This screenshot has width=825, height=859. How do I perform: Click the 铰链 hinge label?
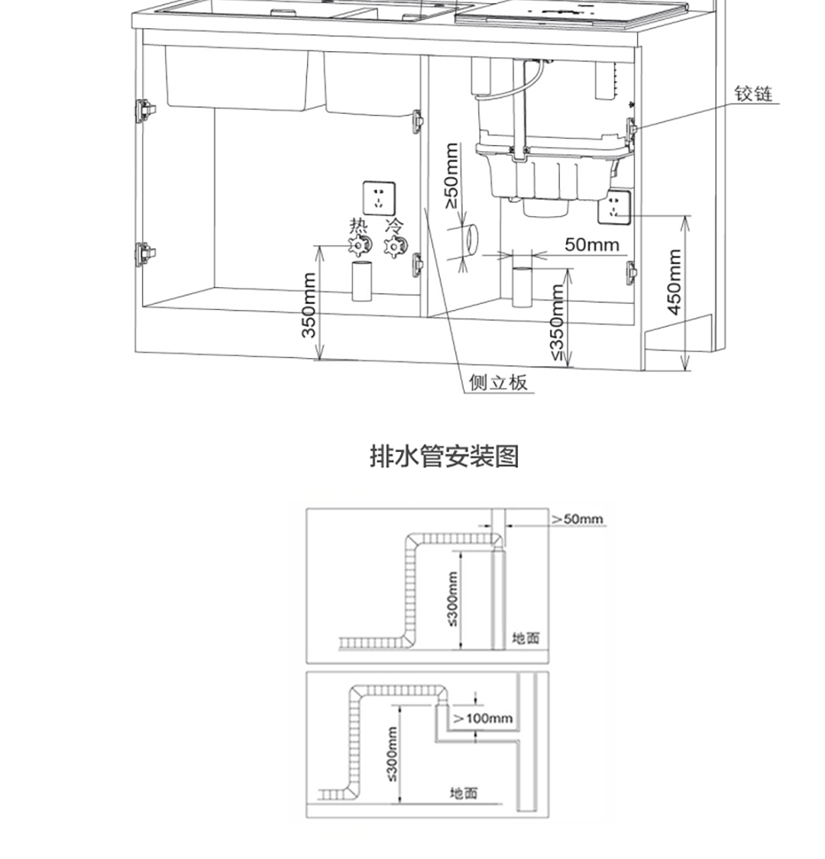[x=754, y=94]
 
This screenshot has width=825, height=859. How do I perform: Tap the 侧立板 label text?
[x=498, y=382]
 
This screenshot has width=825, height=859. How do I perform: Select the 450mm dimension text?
[x=675, y=282]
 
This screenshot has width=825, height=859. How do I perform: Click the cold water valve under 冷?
[x=395, y=247]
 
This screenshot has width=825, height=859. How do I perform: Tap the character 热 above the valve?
[x=358, y=226]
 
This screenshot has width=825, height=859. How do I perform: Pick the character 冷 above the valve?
[x=393, y=226]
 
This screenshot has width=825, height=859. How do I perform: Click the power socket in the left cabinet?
[x=379, y=199]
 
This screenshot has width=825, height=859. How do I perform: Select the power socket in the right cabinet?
[x=614, y=207]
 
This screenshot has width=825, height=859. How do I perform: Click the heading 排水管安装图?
[x=445, y=456]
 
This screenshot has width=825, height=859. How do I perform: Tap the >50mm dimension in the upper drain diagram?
[x=577, y=518]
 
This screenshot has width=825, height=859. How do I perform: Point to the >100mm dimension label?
[x=483, y=718]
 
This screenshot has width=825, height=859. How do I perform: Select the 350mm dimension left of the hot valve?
[x=309, y=305]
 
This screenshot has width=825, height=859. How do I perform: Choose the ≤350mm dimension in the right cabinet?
[x=556, y=322]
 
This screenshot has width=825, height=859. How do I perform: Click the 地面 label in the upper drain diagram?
[x=526, y=638]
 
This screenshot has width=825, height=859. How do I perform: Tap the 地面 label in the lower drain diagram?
[x=464, y=793]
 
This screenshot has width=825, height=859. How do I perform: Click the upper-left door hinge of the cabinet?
[x=144, y=110]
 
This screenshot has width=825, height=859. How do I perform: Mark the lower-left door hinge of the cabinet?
[x=144, y=254]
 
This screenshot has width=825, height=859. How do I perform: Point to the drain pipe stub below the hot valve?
[x=361, y=281]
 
